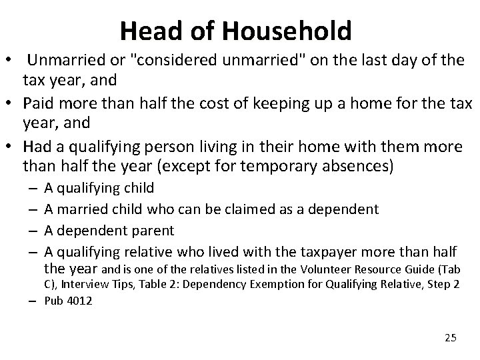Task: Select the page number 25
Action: [x=450, y=338]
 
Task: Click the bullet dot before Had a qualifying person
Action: [x=11, y=145]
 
